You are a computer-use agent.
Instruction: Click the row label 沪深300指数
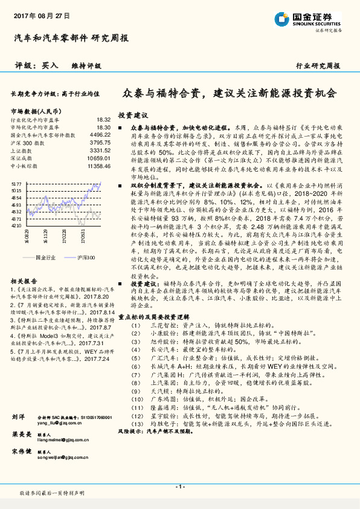click(27, 143)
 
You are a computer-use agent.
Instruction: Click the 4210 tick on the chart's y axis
click(16, 225)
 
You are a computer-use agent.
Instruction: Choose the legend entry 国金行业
click(45, 258)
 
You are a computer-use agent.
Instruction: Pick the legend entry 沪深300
click(87, 258)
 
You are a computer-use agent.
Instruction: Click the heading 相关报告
click(25, 281)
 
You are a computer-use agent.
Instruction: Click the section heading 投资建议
click(133, 115)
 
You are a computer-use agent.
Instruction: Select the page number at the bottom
click(180, 487)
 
